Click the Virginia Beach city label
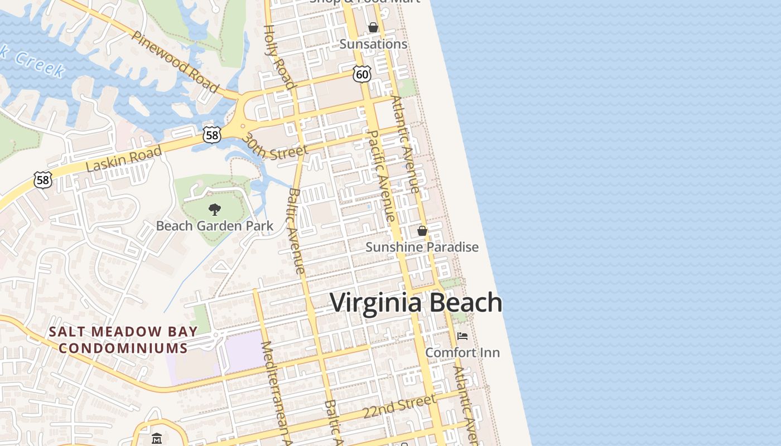click(x=416, y=303)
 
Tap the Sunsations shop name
click(x=373, y=44)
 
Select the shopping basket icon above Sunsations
click(x=373, y=28)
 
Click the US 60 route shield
click(x=362, y=74)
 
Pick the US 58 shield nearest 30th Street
click(x=212, y=134)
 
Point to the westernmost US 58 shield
click(x=43, y=180)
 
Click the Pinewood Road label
click(x=175, y=61)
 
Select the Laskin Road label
click(x=124, y=159)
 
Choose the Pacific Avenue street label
click(x=382, y=176)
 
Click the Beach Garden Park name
click(x=215, y=226)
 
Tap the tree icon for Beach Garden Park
click(x=214, y=210)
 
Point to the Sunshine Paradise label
click(x=422, y=247)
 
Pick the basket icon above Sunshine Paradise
click(x=422, y=231)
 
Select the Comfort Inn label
click(x=462, y=352)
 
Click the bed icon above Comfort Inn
click(x=462, y=336)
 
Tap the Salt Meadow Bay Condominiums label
click(x=123, y=340)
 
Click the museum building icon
click(x=156, y=439)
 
